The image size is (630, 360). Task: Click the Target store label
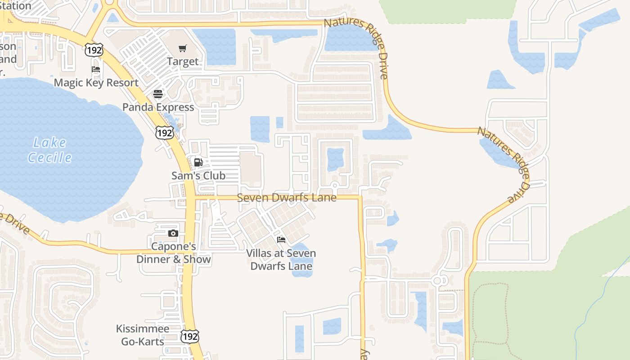coord(182,62)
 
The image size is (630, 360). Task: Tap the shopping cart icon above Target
coord(182,48)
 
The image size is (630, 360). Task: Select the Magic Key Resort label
coord(96,83)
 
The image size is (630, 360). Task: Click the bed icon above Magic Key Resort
coord(96,69)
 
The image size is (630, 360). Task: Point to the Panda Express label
coord(158,107)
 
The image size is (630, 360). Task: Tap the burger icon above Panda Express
coord(158,94)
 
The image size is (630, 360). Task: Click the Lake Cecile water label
coord(49,150)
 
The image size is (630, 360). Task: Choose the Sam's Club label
coord(198,175)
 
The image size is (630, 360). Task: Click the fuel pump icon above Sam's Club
coord(198,162)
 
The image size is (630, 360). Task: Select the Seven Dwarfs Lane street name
coord(287,198)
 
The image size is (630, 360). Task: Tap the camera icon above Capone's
coord(173,233)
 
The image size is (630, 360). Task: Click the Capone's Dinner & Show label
coord(173,253)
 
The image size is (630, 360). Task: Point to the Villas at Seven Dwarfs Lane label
coord(281,260)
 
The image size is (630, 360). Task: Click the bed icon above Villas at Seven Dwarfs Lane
coord(281,239)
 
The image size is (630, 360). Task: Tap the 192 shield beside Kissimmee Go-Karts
coord(190,336)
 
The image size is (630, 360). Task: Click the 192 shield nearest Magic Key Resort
coord(94,50)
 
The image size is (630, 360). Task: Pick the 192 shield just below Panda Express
coord(165,133)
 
